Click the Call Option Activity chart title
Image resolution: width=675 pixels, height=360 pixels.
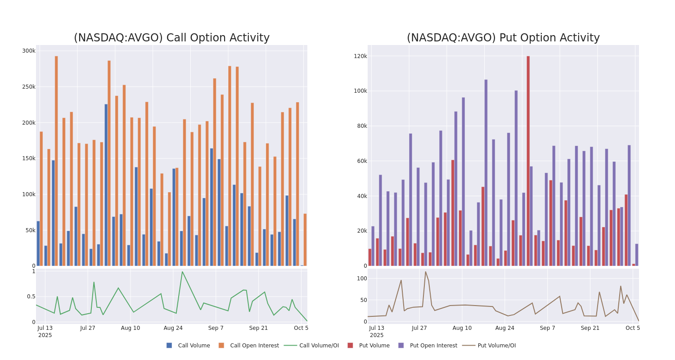171,38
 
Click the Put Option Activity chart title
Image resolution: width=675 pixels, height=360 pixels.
503,38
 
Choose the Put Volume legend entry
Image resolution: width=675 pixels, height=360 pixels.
374,346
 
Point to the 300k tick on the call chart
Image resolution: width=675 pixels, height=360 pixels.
29,51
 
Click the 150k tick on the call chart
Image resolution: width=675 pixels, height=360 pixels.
29,158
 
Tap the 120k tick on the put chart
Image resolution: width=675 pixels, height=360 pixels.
360,56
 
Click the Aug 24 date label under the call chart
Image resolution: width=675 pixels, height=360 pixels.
173,328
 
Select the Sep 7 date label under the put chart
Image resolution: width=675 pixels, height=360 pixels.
548,328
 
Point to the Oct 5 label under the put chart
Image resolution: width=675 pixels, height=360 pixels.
633,328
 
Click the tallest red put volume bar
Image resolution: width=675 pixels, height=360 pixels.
528,161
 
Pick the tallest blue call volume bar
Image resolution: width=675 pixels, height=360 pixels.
106,184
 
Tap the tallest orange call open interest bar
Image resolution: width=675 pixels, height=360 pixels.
56,161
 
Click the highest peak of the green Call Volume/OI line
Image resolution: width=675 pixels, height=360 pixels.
182,271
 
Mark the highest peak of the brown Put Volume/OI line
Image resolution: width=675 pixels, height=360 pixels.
425,271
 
